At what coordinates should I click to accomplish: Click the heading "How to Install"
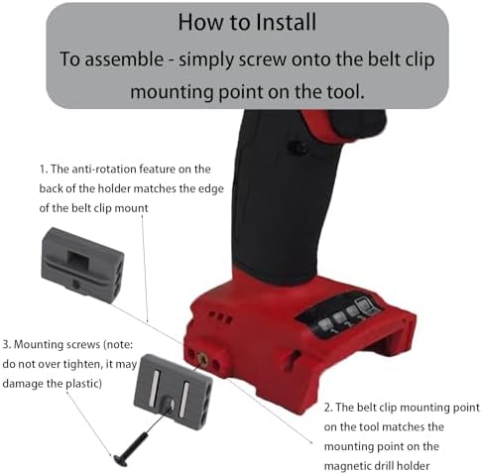247,22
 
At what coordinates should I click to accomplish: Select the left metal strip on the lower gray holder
155,386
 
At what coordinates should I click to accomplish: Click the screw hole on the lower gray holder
170,404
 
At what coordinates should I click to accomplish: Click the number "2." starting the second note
328,408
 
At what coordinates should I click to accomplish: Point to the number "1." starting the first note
44,170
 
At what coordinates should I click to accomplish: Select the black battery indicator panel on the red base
343,315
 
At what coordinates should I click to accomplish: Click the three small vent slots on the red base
221,316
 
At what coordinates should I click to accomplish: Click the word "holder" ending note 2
414,466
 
